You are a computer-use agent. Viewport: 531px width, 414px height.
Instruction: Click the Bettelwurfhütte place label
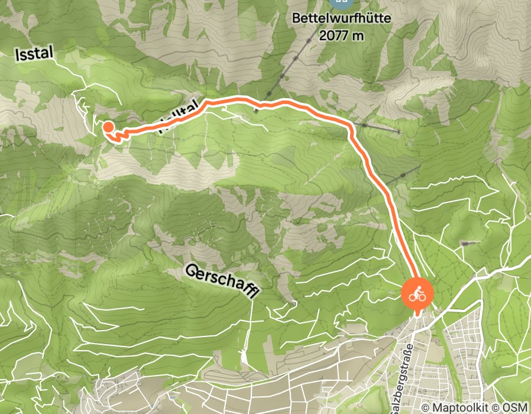[342, 19]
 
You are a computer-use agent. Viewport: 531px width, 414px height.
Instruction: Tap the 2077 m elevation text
[342, 35]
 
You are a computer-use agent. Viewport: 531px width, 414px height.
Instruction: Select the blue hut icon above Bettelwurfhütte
[340, 2]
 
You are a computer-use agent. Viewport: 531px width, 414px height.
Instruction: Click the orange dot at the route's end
[108, 126]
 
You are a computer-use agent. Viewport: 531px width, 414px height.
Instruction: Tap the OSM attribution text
[516, 407]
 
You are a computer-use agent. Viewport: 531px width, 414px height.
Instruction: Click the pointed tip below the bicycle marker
[417, 312]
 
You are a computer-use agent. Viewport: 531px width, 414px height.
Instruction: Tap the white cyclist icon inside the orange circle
[417, 293]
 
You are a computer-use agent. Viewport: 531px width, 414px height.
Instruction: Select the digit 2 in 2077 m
[322, 35]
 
